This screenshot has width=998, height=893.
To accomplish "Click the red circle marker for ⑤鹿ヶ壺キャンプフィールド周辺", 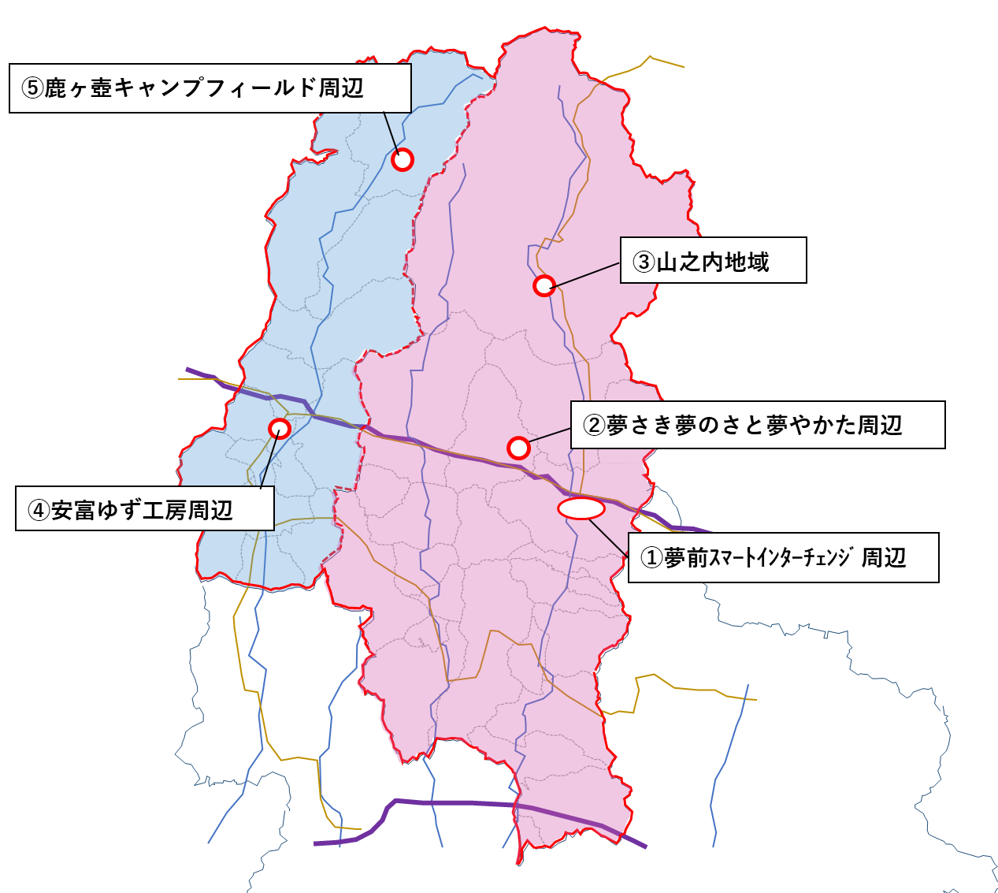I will [403, 160].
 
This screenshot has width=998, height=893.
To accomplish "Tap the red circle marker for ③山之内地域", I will [544, 285].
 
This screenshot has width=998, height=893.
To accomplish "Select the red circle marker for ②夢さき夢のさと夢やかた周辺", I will [518, 448].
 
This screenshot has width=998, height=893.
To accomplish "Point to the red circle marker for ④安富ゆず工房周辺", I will [280, 429].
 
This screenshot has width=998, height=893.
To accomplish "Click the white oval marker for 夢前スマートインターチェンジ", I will [581, 508].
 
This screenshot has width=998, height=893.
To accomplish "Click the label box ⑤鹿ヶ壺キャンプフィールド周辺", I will [210, 88].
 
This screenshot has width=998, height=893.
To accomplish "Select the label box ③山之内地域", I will [713, 260].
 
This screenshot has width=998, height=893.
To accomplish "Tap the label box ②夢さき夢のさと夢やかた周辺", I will [757, 426].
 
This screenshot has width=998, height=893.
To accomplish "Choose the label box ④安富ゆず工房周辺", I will [145, 508].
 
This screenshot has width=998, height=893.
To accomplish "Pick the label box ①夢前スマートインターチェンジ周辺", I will [783, 558].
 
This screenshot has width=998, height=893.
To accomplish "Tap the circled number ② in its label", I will [594, 426].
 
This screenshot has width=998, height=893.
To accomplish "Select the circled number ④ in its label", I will [39, 511].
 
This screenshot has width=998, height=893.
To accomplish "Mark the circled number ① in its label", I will [651, 558].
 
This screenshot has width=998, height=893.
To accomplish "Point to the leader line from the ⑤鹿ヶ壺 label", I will [391, 132].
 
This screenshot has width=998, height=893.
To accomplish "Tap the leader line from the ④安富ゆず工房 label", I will [269, 461].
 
